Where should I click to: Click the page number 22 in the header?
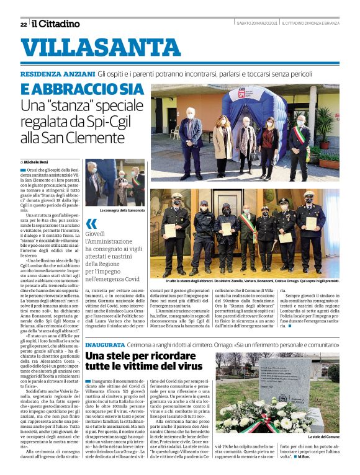pos(23,24)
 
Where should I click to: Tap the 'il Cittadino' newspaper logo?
pos(56,24)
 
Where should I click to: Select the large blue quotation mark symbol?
pos(92,224)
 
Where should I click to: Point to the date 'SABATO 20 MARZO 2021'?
pos(256,24)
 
